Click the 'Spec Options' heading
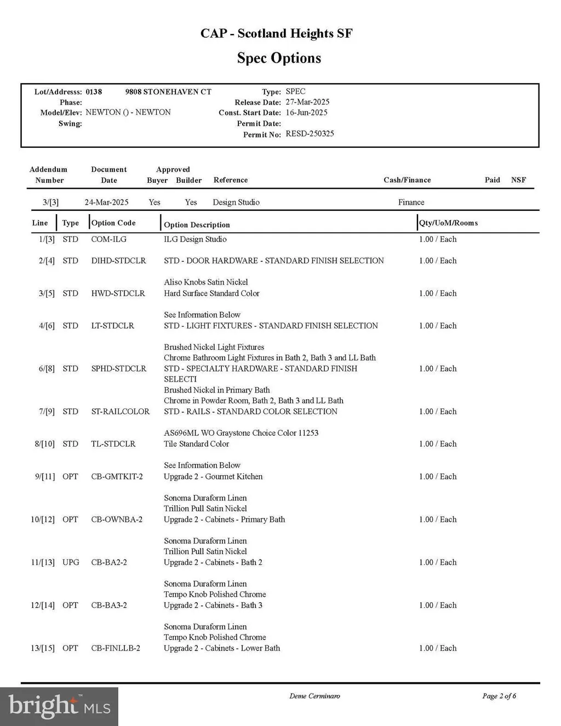tap(279, 58)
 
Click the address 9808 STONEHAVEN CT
tap(168, 91)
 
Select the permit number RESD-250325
tap(310, 134)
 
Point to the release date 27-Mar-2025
tap(307, 102)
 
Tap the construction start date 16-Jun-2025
tap(306, 112)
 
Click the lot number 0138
tap(94, 91)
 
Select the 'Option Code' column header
tap(113, 223)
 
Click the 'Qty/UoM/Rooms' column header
tap(449, 223)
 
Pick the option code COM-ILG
tap(108, 239)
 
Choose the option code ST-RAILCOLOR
tap(120, 411)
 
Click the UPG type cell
tap(71, 562)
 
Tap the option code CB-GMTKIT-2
tap(117, 476)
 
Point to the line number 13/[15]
tap(43, 648)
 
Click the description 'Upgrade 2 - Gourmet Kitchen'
tap(213, 476)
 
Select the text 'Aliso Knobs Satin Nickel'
tap(206, 282)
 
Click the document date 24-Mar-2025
tap(106, 202)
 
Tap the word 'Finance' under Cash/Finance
tap(411, 202)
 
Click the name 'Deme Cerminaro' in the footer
tap(314, 696)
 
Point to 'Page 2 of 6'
tap(499, 696)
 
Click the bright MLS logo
tap(59, 706)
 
